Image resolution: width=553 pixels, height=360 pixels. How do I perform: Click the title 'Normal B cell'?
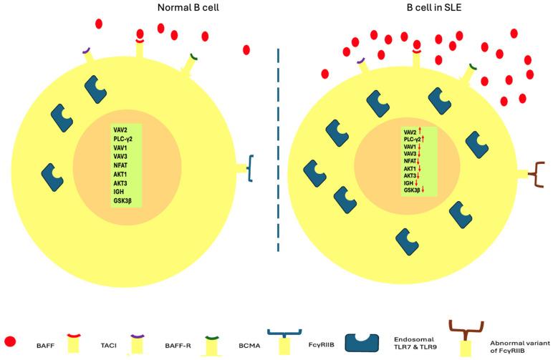point(189,9)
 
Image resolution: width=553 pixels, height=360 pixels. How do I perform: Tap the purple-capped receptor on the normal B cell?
point(87,52)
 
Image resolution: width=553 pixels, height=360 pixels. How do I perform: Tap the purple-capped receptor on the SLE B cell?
point(360,62)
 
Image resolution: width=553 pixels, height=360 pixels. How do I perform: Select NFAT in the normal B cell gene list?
point(120,165)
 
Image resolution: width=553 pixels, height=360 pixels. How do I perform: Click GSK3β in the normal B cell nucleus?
point(122,200)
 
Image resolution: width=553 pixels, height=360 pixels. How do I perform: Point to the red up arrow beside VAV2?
point(419,132)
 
